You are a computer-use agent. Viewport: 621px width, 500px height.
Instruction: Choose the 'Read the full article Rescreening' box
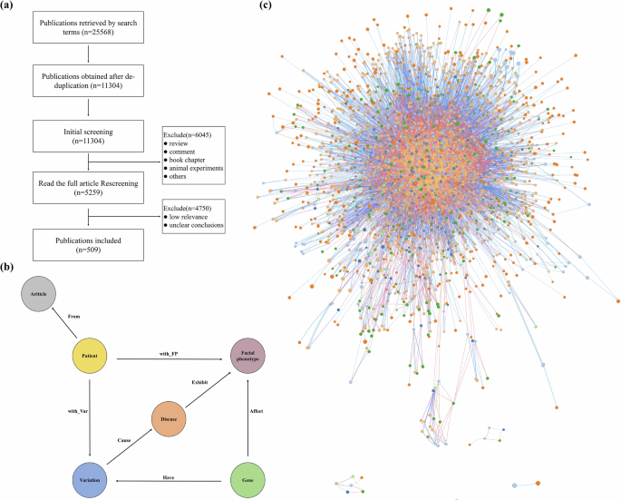pyautogui.click(x=88, y=188)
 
